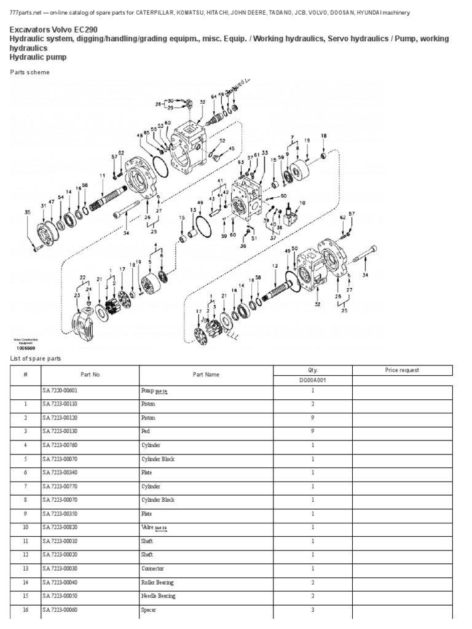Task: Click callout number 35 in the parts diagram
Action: [27, 213]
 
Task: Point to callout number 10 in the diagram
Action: [302, 203]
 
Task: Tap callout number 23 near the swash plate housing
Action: [77, 295]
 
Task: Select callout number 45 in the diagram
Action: [231, 149]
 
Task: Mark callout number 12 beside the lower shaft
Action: [275, 265]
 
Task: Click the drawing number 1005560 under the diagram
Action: [25, 348]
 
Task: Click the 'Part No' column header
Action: [90, 373]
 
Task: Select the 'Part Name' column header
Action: [206, 373]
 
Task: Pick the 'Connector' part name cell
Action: [153, 569]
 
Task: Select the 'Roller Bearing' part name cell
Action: [157, 582]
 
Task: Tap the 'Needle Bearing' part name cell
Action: [158, 596]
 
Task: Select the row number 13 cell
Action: [26, 569]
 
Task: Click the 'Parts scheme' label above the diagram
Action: [30, 72]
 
